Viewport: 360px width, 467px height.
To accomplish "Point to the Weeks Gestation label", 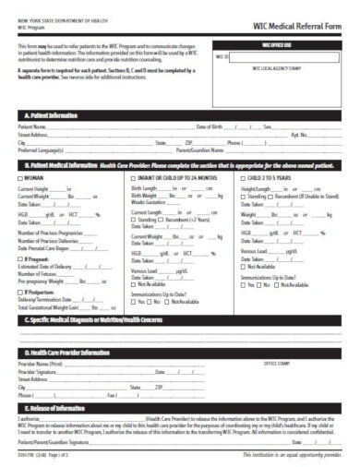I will [x=148, y=201].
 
